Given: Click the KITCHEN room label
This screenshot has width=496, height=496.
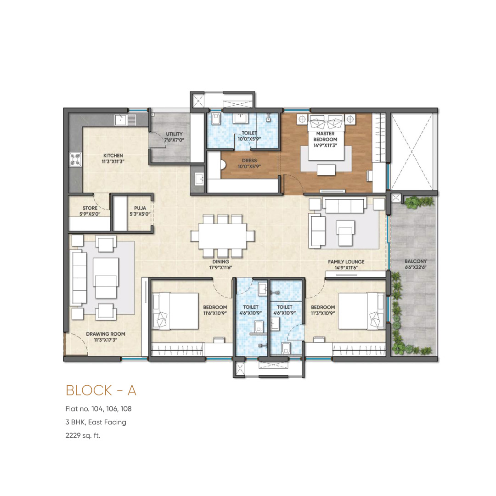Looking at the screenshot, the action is (113, 156).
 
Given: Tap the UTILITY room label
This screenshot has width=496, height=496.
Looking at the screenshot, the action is (175, 134).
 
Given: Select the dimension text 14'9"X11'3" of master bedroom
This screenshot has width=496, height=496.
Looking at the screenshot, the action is (325, 146).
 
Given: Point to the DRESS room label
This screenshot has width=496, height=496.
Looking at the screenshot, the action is (249, 161).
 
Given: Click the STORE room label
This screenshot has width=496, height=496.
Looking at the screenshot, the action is (90, 208).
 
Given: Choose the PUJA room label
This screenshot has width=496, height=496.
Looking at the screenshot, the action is (140, 208).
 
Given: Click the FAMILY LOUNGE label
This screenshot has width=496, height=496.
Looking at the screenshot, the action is (346, 262).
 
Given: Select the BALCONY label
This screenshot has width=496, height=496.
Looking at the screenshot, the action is (416, 261).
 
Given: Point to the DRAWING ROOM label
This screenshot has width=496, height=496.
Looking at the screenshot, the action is (106, 334).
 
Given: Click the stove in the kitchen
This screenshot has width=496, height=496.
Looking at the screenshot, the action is (75, 159).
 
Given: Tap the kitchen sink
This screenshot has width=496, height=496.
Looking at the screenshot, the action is (125, 120).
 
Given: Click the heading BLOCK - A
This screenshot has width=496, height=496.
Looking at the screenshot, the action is (101, 390).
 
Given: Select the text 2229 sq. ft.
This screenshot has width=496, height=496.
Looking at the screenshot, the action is (83, 435).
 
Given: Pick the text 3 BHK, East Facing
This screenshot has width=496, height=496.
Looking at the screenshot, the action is (96, 423).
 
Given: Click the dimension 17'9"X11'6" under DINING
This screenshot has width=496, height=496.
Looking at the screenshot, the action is (220, 268).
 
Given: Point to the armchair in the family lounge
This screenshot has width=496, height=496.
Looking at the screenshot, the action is (345, 233).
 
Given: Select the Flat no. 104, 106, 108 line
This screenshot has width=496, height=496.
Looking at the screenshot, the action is (98, 409).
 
